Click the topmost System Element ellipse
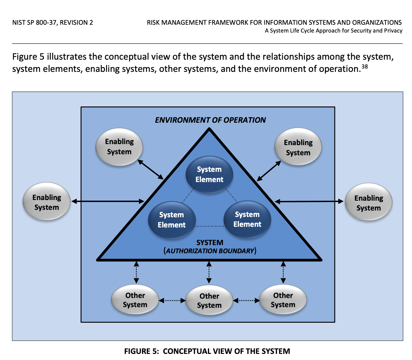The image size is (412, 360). coord(209,174)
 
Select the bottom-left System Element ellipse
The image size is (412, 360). coord(171,220)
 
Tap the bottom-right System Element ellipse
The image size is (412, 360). coord(247,219)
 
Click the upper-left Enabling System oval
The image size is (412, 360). coord(119,146)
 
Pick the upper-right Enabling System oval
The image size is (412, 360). coord(298,147)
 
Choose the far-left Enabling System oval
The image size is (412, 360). coord(46,202)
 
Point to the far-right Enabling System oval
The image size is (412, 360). coord(368,203)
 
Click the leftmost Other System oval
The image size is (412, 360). coord(135,300)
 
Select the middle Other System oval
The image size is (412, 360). coord(209,301)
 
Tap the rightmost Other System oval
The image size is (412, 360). coord(283,300)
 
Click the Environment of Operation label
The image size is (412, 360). coord(210,120)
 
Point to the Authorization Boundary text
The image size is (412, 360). coord(210,251)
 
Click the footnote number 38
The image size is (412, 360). coord(365,66)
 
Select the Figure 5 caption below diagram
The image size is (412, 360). coord(207,351)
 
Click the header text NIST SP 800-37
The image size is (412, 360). coord(53,23)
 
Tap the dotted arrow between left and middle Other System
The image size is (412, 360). coord(172,300)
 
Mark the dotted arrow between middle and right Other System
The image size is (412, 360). coord(246,300)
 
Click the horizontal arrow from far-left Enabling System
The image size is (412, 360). coord(108,201)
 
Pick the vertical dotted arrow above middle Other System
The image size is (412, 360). coord(209,272)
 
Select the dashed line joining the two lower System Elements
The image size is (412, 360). coord(209,226)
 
